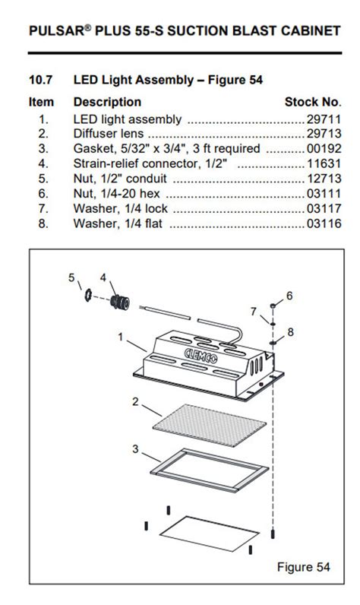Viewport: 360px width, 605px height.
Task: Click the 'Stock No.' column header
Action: click(x=312, y=102)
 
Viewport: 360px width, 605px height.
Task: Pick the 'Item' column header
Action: click(x=42, y=102)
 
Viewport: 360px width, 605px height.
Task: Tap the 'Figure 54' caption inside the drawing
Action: click(x=303, y=567)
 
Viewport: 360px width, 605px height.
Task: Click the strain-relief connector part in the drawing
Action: click(x=118, y=303)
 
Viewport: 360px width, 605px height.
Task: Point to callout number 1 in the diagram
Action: click(x=121, y=334)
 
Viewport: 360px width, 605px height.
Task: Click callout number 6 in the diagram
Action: click(x=289, y=295)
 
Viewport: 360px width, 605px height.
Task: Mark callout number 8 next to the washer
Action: click(x=290, y=333)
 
